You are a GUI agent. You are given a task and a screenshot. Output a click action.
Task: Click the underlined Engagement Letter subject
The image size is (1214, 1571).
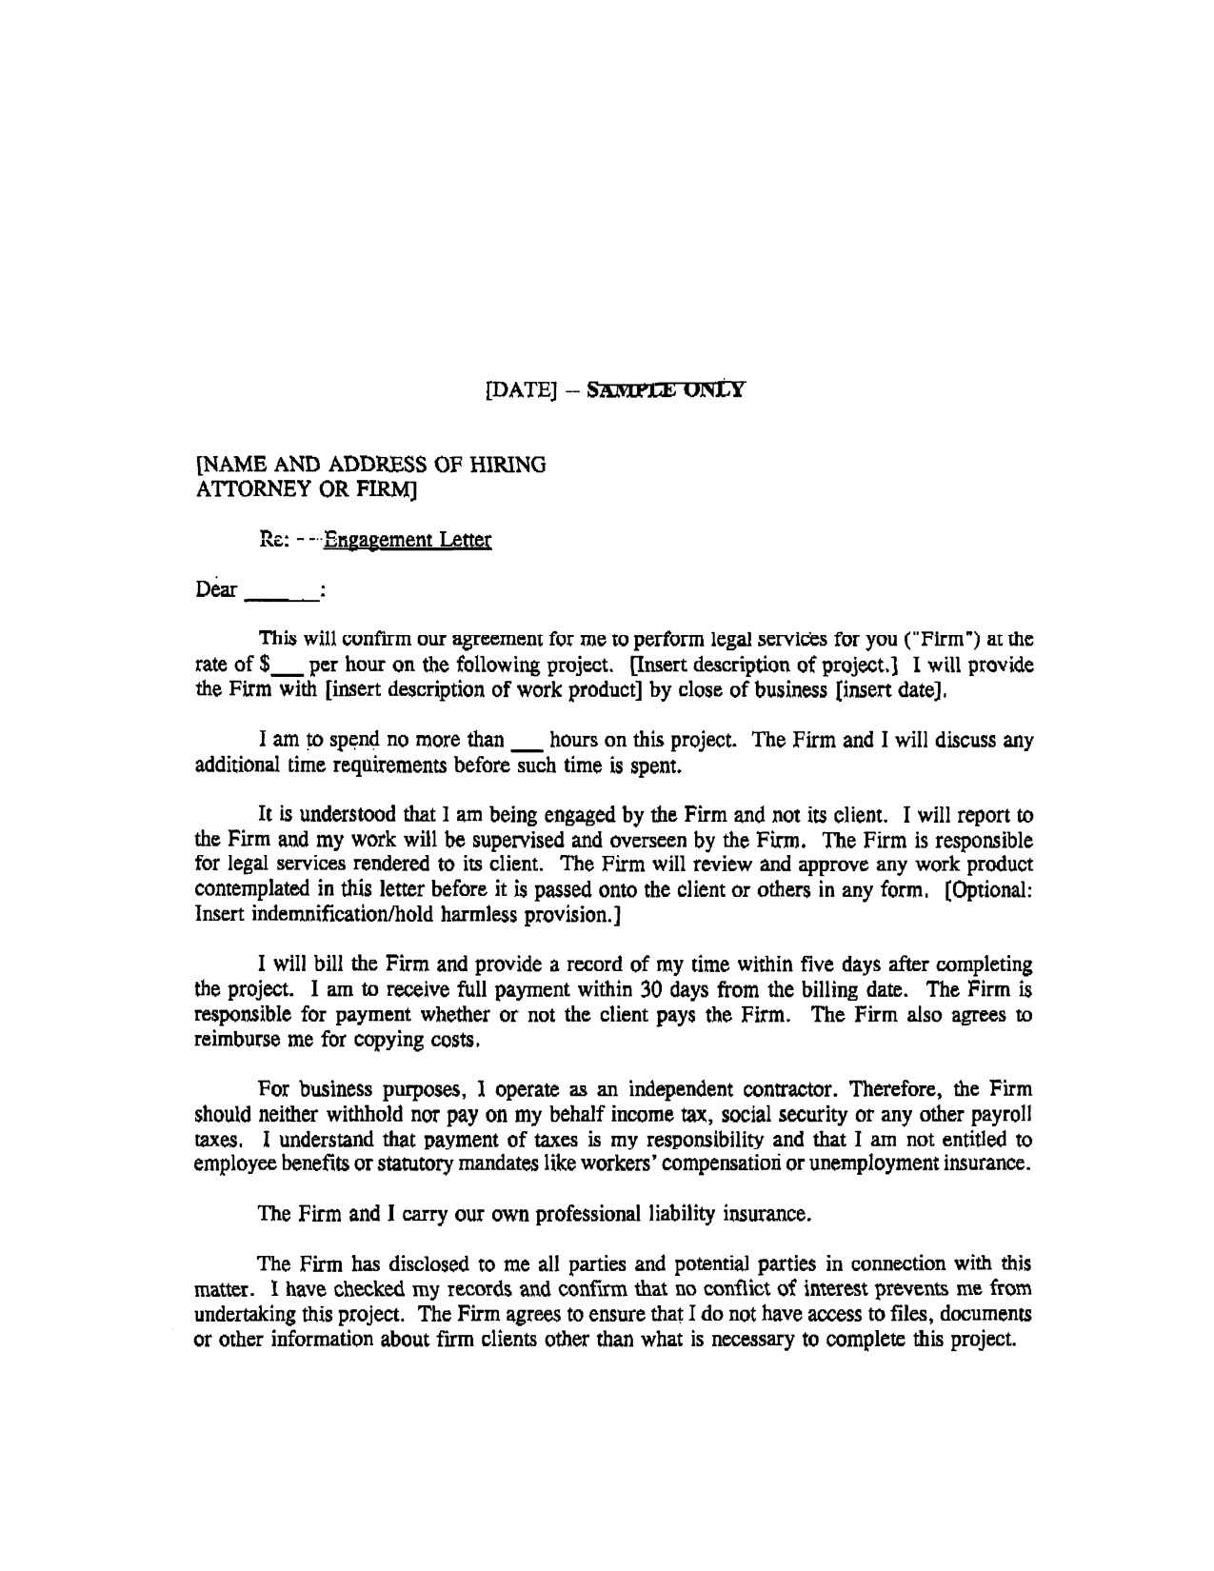point(408,541)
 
